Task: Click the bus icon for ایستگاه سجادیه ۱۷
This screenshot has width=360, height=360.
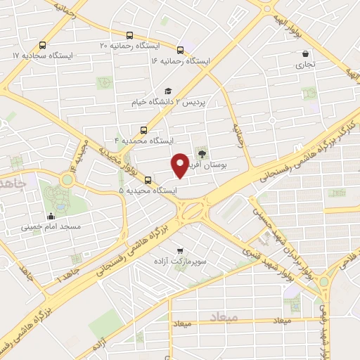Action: point(43,43)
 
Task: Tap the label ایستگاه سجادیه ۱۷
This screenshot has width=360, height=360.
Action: point(43,55)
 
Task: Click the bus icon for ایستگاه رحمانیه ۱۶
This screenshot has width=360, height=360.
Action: point(181,50)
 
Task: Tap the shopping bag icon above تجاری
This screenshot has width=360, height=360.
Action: point(304,53)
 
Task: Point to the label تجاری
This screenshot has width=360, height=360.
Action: point(304,65)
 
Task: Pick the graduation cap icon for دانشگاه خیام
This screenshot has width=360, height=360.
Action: point(167,91)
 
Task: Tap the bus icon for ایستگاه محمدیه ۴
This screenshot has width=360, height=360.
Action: point(143,129)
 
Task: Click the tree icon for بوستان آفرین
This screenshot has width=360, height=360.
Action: point(202,153)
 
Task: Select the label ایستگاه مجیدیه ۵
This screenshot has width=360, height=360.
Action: point(148,191)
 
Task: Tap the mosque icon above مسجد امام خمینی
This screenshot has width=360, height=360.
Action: point(51,216)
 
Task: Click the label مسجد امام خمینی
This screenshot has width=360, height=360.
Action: point(51,227)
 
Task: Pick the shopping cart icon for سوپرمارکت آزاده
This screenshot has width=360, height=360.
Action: point(181,250)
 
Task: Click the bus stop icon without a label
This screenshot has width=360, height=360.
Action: point(341,193)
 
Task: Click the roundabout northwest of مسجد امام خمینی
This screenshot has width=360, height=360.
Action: point(67,179)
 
